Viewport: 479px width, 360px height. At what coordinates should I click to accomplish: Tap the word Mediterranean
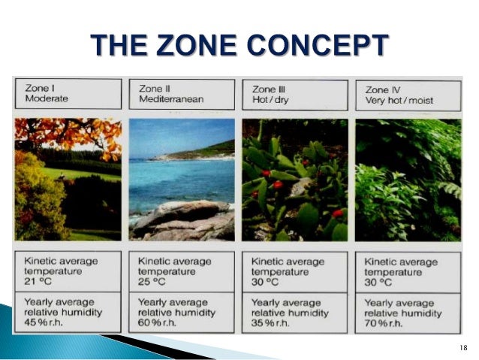pos(171,99)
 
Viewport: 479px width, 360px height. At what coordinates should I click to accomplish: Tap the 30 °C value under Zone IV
pos(378,283)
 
